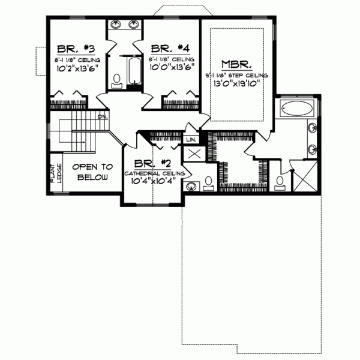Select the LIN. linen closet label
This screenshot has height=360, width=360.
(x=191, y=139)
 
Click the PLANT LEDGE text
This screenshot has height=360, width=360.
(x=55, y=172)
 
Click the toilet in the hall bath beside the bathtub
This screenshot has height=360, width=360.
(x=117, y=80)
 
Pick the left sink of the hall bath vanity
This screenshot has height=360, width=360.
(x=115, y=25)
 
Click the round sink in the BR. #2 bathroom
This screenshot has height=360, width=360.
(x=192, y=185)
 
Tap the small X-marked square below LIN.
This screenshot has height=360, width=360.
(x=194, y=154)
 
